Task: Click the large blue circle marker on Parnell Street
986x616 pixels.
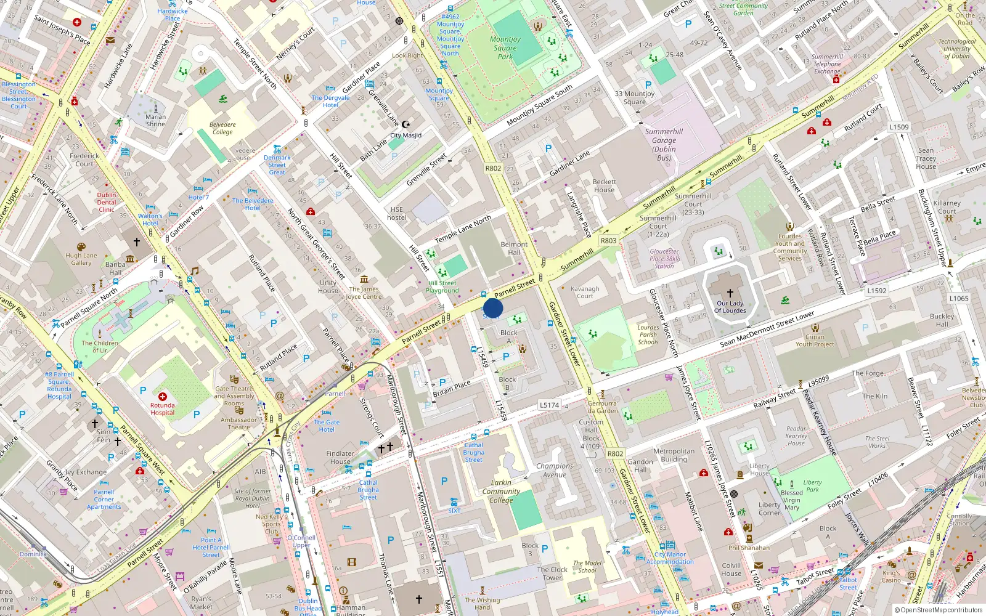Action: [492, 308]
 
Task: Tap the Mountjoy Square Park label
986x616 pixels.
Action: [505, 48]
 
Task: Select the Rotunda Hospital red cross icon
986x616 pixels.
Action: [163, 397]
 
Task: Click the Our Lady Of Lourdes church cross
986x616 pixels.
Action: [730, 293]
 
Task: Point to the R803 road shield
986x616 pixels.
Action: [608, 241]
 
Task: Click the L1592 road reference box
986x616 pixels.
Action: [876, 291]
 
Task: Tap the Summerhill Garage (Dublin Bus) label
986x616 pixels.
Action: [664, 145]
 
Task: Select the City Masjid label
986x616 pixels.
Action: [405, 136]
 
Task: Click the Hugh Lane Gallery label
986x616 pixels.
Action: [81, 259]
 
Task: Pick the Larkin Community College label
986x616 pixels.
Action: [501, 492]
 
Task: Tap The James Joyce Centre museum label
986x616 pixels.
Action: [364, 293]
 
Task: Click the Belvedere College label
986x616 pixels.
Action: [222, 128]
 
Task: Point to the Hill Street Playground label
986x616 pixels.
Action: [442, 287]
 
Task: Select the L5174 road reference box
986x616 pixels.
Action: [549, 405]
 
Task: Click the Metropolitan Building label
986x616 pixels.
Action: [674, 455]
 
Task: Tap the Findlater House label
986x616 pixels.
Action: [340, 457]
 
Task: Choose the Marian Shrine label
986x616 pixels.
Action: [155, 120]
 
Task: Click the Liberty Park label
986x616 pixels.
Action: [812, 486]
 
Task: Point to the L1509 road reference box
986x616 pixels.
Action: [898, 128]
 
